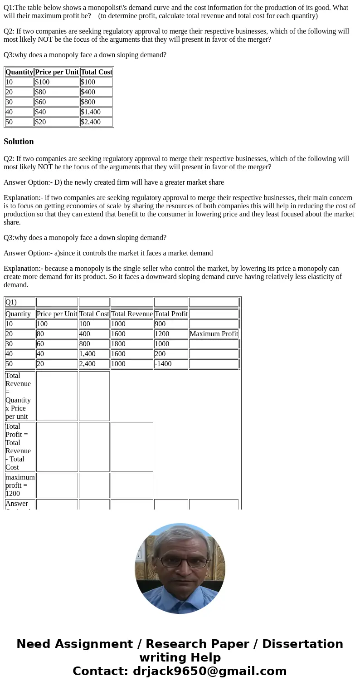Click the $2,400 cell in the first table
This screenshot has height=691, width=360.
click(96, 122)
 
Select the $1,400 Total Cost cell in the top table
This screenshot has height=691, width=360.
click(96, 112)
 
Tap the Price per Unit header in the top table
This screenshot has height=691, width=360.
click(57, 72)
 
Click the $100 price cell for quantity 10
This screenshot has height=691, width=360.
click(57, 82)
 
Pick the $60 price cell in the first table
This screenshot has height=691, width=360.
click(57, 102)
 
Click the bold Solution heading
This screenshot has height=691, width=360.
click(19, 142)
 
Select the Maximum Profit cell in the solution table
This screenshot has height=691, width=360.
click(214, 333)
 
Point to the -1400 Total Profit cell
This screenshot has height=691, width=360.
click(170, 363)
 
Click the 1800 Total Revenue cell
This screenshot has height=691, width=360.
click(131, 343)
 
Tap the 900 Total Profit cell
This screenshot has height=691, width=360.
click(170, 323)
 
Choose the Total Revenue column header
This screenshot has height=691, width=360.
click(131, 314)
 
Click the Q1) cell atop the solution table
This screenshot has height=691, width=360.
click(20, 302)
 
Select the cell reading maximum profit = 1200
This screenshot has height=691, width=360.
click(20, 485)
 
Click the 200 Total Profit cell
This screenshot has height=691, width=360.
click(170, 353)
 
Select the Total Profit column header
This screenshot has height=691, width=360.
click(171, 314)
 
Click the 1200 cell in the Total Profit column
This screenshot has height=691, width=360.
click(170, 333)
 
